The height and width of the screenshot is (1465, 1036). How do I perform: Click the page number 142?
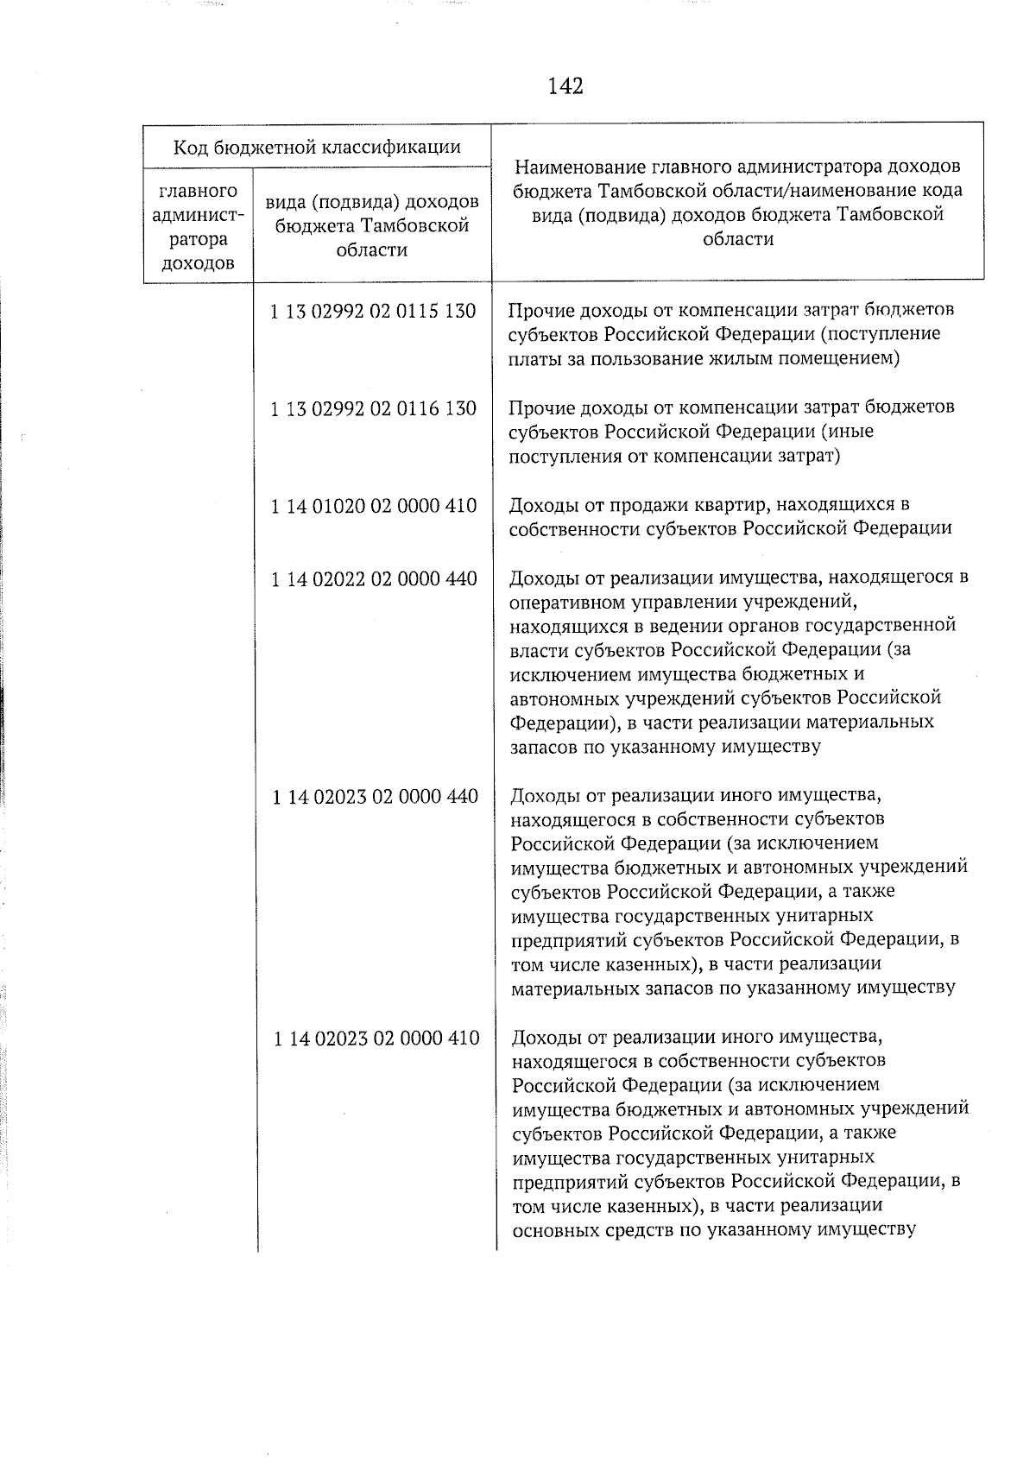pos(565,86)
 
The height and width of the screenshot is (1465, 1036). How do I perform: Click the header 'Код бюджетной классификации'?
pos(317,147)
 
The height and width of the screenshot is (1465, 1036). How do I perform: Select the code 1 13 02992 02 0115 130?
pos(373,311)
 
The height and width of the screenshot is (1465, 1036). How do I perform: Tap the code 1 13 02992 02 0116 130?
pos(373,408)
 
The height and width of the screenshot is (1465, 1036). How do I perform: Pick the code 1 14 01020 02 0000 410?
pos(373,506)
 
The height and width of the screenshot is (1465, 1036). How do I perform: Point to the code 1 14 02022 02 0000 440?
pos(374,578)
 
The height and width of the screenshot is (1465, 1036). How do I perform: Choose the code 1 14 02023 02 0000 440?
pos(375,797)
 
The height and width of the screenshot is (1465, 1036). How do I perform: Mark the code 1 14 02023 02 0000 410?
pos(376,1039)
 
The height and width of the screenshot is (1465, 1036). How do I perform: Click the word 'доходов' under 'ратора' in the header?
pos(198,263)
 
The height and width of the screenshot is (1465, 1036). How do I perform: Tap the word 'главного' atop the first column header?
pos(198,190)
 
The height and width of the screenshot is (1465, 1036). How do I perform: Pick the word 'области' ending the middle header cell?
pos(373,250)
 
